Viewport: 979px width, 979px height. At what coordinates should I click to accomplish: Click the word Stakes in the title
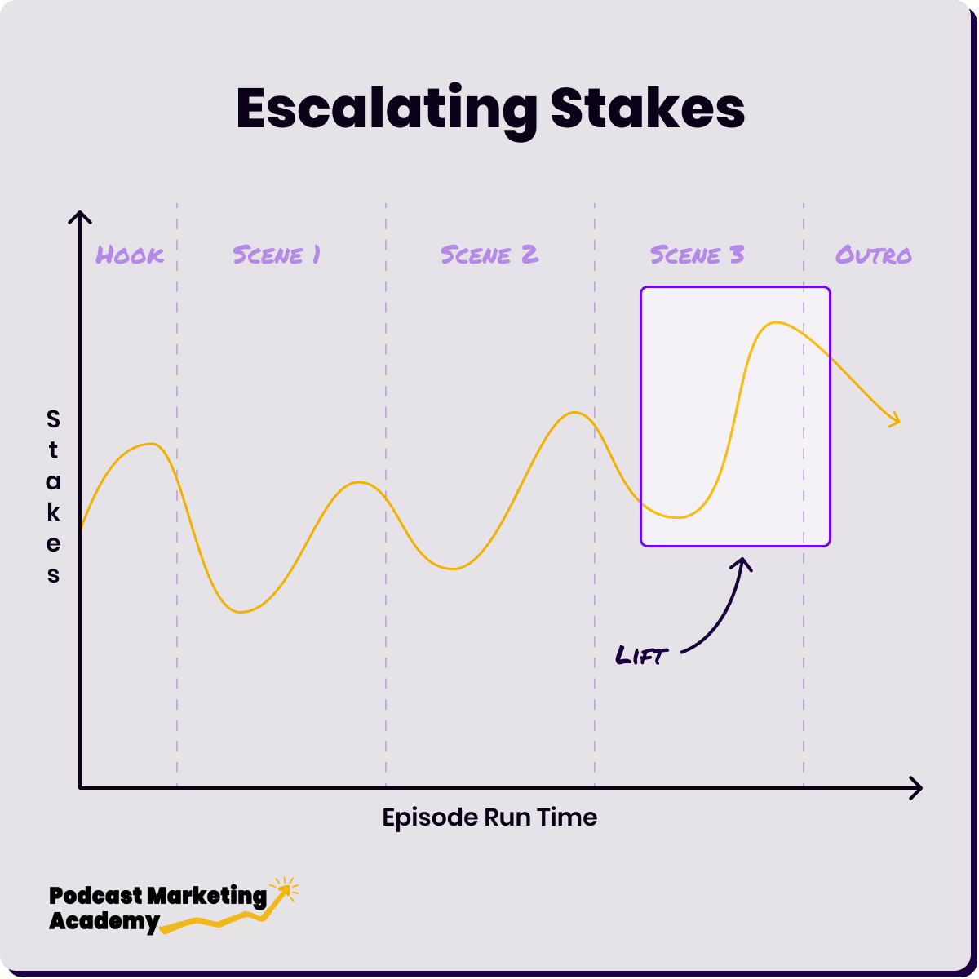(647, 108)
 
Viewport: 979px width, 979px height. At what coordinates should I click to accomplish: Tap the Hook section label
(130, 255)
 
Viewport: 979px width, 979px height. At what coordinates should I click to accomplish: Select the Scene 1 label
(277, 255)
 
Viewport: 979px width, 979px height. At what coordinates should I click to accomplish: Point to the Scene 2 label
(489, 255)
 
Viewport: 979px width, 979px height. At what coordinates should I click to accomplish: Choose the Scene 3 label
(697, 255)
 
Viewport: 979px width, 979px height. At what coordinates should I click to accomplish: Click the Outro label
(873, 255)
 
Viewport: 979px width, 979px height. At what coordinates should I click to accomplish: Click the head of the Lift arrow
(742, 560)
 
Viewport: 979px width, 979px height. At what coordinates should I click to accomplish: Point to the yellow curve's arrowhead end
(899, 421)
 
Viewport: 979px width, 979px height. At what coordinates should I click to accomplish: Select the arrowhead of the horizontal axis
(921, 788)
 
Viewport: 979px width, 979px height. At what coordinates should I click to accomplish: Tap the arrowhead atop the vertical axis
(80, 212)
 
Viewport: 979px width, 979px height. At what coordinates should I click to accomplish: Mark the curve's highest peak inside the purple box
(775, 322)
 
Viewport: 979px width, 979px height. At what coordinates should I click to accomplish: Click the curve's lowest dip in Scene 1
(241, 612)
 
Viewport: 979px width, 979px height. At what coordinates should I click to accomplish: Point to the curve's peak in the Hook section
(151, 444)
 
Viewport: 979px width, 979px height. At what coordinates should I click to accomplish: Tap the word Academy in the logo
(104, 922)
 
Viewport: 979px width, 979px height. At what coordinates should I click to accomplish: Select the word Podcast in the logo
(95, 896)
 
